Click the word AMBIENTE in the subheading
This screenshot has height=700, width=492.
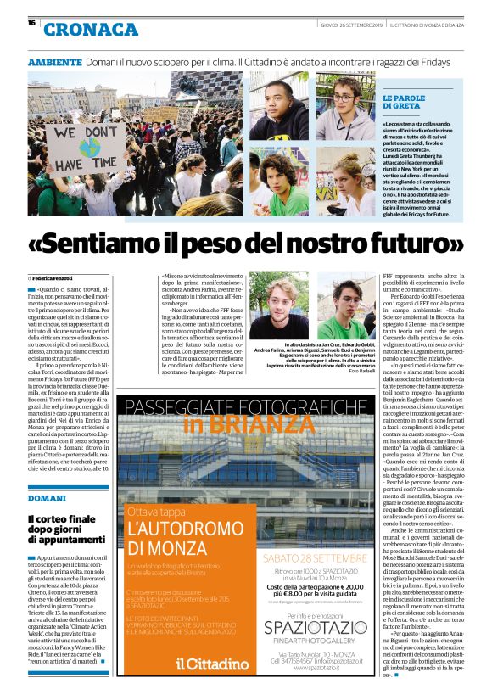54,64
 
